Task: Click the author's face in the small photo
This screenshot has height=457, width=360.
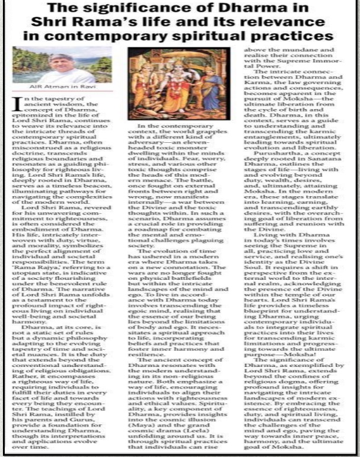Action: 70,66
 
